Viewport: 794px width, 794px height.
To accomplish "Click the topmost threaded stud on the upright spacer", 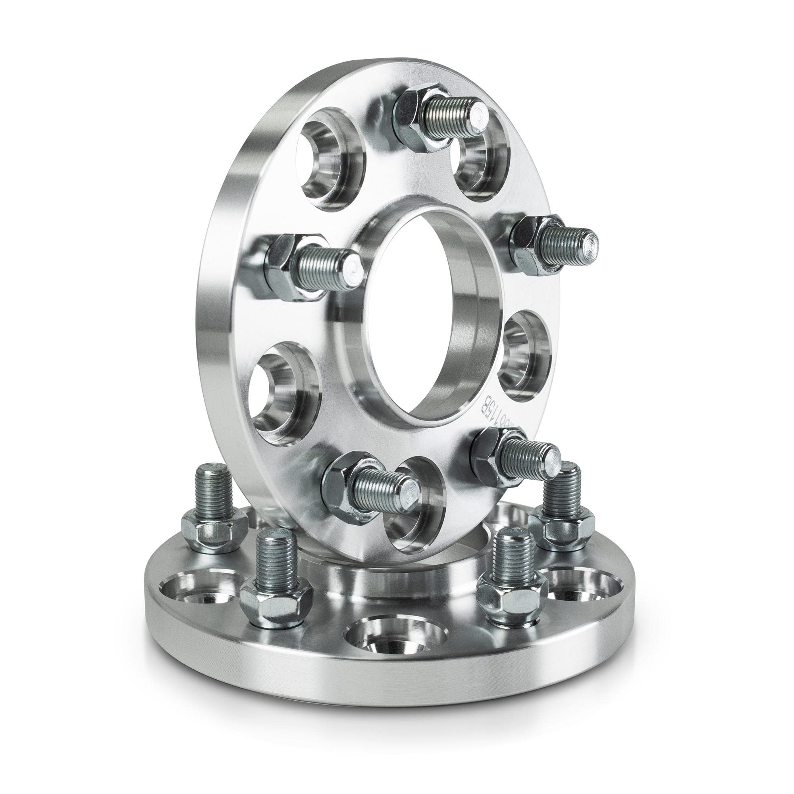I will point(456,111).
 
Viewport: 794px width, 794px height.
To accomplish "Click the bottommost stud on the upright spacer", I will point(384,487).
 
